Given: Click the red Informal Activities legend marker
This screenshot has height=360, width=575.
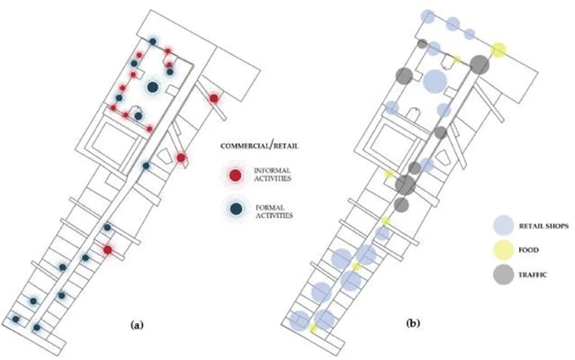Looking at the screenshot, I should pyautogui.click(x=235, y=175).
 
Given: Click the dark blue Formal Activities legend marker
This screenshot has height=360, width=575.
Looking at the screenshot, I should pyautogui.click(x=235, y=209).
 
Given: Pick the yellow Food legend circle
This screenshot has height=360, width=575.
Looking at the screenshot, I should pyautogui.click(x=505, y=247).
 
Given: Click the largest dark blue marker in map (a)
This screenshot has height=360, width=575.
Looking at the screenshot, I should pyautogui.click(x=153, y=87).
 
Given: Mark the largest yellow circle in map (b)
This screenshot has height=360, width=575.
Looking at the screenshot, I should pyautogui.click(x=498, y=49).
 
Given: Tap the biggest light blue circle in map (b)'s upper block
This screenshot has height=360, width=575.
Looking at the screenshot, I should pyautogui.click(x=435, y=81).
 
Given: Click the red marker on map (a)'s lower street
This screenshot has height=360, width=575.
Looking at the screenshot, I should pyautogui.click(x=108, y=249).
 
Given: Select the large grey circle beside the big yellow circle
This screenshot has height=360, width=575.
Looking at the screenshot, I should pyautogui.click(x=479, y=65).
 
